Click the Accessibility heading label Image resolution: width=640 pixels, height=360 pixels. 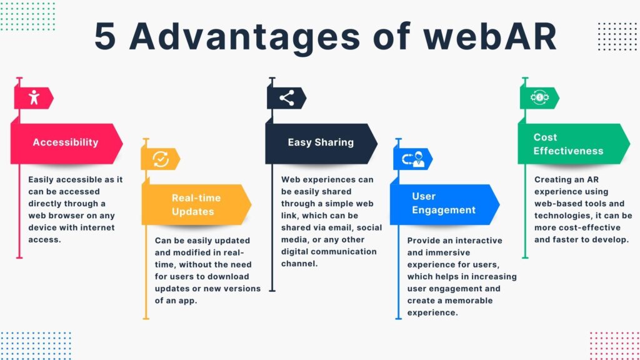[66, 142]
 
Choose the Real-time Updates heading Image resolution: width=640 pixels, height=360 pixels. [196, 204]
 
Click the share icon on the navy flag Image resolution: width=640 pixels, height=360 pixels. [286, 97]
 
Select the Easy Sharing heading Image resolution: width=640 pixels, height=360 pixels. [321, 142]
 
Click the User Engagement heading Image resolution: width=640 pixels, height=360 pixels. [444, 203]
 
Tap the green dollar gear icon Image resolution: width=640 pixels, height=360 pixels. [539, 97]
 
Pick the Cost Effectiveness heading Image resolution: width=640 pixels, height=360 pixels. [568, 144]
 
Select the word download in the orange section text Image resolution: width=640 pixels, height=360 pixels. [228, 276]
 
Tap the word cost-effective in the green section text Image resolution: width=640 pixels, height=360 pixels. [586, 227]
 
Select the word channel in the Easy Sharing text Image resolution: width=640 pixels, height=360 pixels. [299, 264]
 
